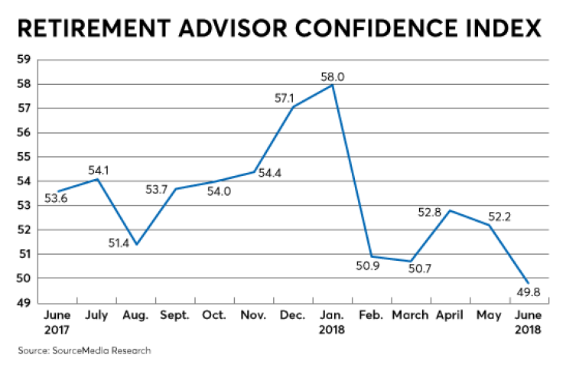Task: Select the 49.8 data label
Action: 528,291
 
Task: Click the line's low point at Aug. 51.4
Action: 136,244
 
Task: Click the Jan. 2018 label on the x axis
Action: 331,323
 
